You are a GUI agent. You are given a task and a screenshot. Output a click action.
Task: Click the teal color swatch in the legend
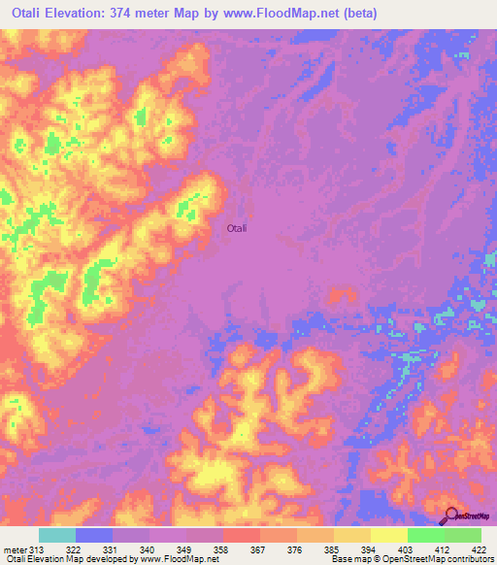coord(57,535)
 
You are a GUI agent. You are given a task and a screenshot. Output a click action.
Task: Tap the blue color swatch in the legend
coord(94,535)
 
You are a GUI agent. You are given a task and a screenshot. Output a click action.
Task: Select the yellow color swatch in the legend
coord(388,535)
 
